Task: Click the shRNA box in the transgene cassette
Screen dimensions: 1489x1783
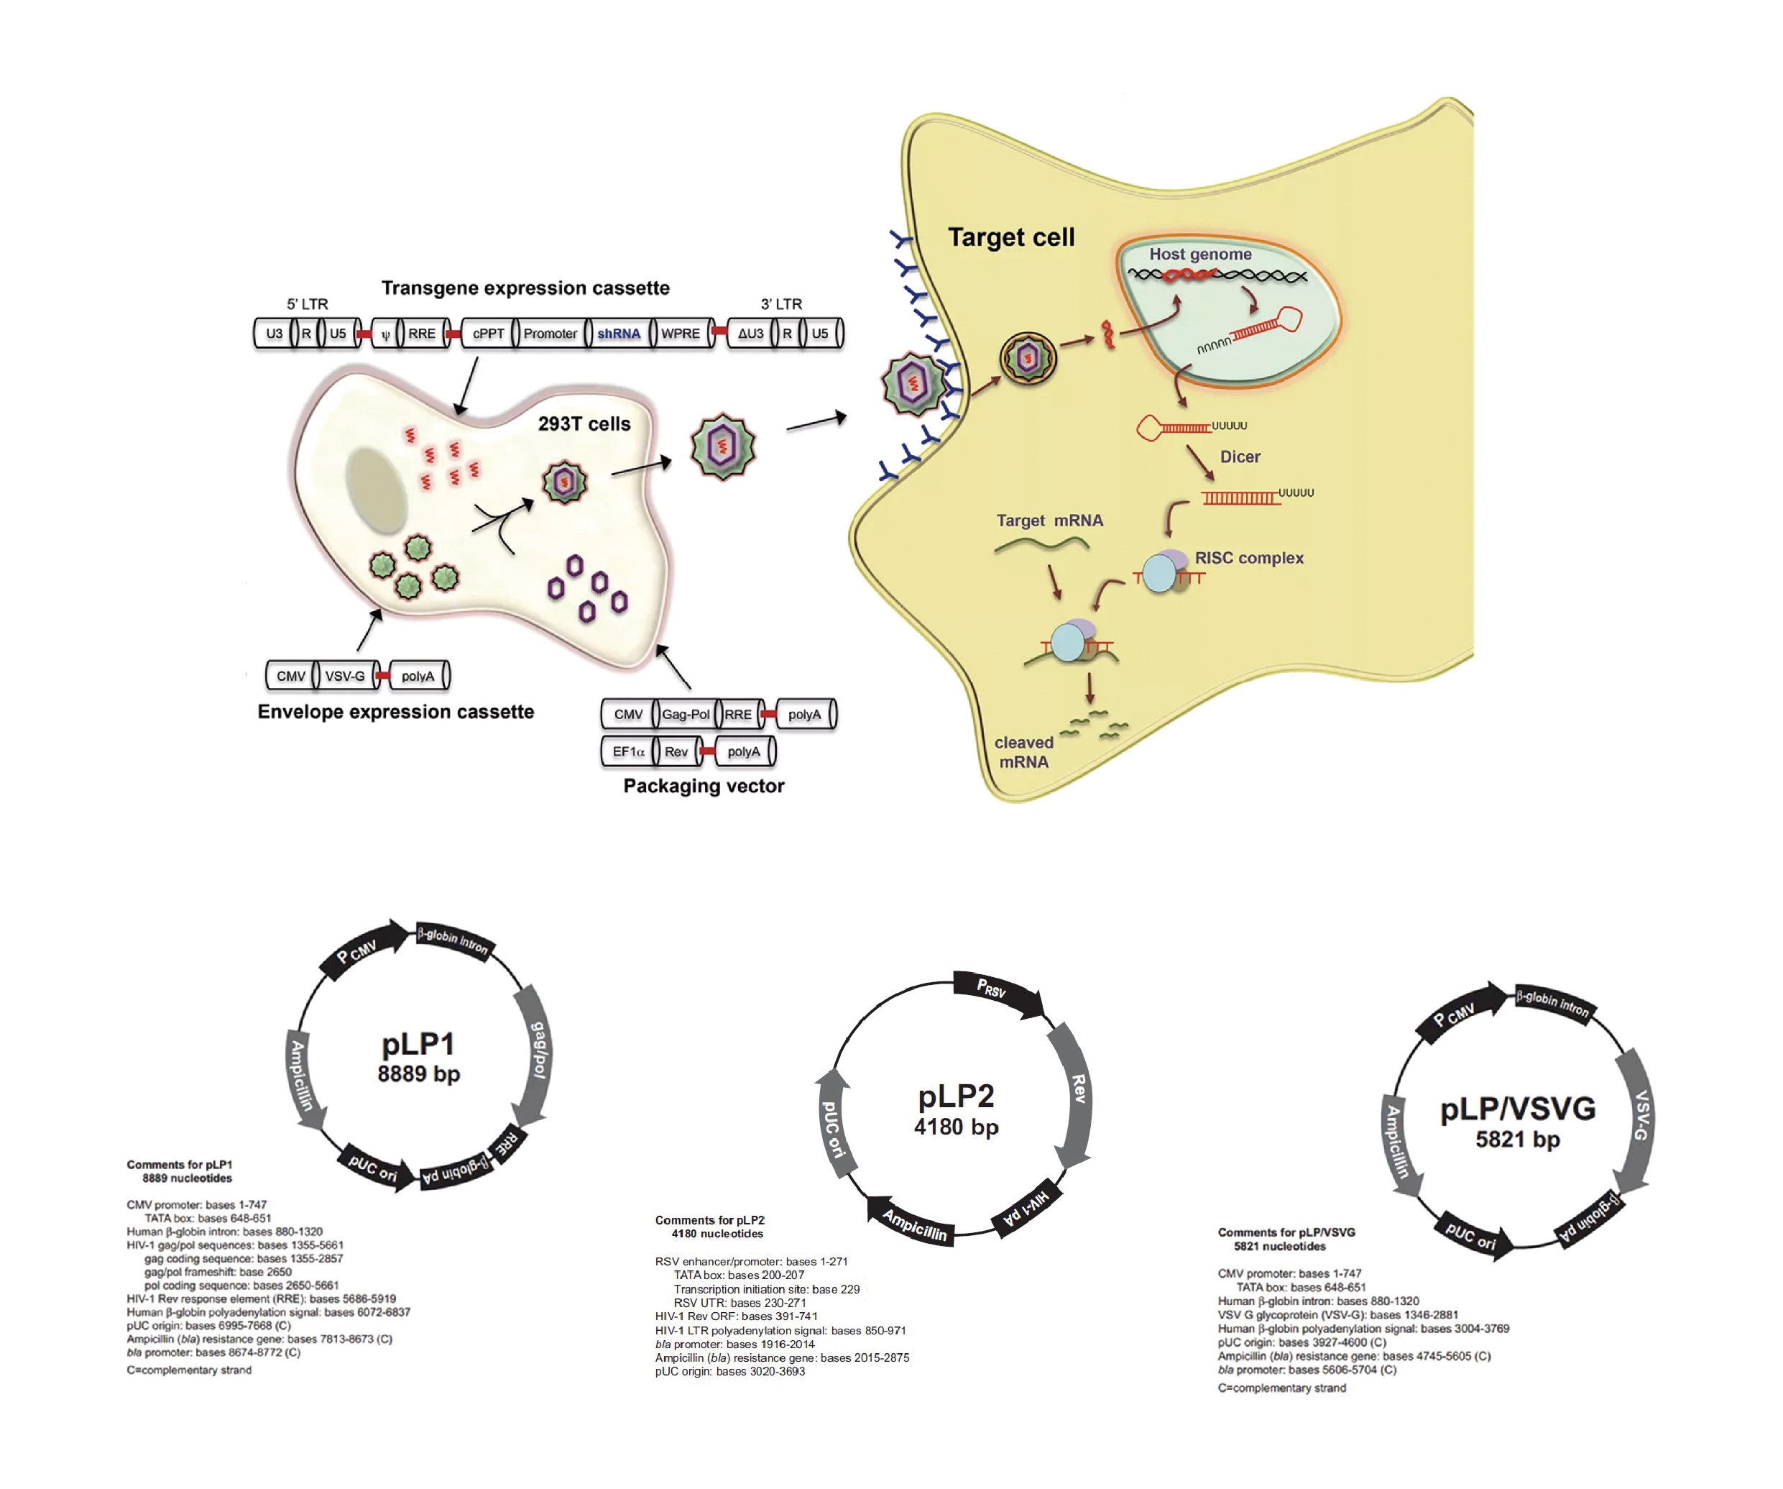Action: coord(618,334)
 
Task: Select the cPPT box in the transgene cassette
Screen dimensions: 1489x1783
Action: coord(488,334)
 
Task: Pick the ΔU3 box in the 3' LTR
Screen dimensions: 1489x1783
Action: coord(750,334)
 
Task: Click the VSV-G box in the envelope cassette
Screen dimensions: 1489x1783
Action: coord(345,676)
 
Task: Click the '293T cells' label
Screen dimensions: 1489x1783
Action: coord(584,424)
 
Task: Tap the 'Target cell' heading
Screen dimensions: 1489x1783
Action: coord(1010,237)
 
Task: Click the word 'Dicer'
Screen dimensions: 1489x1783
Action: coord(1240,457)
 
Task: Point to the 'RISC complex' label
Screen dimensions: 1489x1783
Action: coord(1249,558)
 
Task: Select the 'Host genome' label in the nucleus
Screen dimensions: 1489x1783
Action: coord(1199,254)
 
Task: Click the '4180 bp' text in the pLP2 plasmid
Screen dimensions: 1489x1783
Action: coord(956,1127)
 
